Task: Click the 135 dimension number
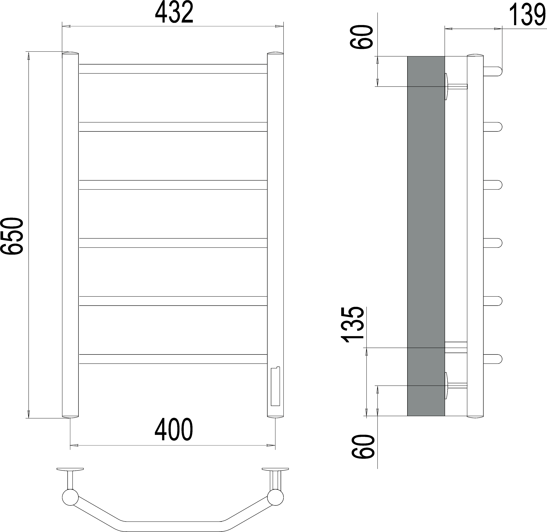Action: [353, 325]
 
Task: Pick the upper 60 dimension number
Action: [362, 37]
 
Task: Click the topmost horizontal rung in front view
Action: [173, 69]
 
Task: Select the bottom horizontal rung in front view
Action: [173, 359]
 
